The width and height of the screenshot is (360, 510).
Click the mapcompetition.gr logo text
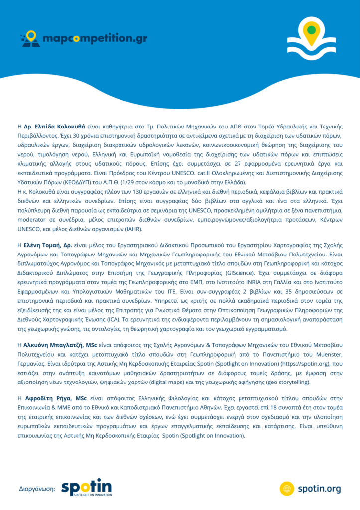pyautogui.click(x=95, y=38)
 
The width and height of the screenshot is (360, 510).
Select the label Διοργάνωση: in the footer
pyautogui.click(x=37, y=489)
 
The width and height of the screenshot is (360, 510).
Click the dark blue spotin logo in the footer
pyautogui.click(x=86, y=487)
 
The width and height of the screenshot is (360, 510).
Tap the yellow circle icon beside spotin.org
pyautogui.click(x=287, y=488)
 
